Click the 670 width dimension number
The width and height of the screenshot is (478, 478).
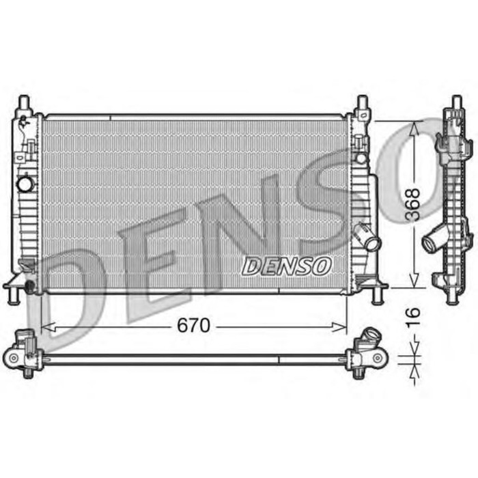pos(193,326)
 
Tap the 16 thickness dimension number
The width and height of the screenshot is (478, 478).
pos(412,316)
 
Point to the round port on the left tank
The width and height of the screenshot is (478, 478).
pos(25,184)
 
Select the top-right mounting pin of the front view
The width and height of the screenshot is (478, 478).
pos(362,104)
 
